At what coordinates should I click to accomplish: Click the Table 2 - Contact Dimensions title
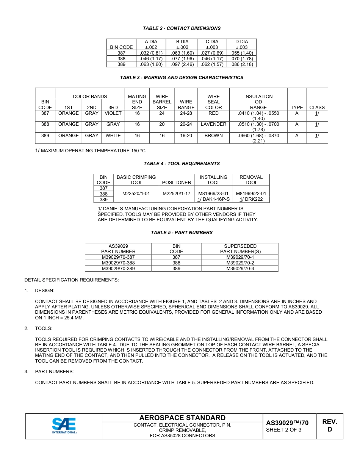[x=182, y=28]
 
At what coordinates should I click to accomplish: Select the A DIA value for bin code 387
[x=151, y=53]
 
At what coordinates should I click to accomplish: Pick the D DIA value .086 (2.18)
[x=241, y=64]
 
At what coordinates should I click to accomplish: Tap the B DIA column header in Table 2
[x=182, y=44]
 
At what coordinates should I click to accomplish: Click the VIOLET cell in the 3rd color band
[x=113, y=113]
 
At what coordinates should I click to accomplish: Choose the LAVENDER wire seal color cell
[x=213, y=124]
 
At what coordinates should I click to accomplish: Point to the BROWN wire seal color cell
[x=213, y=136]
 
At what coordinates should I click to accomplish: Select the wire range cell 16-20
[x=186, y=136]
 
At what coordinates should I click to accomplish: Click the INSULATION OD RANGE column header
[x=258, y=102]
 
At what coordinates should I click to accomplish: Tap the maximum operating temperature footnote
[x=90, y=151]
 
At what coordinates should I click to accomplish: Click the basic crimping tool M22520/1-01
[x=136, y=194]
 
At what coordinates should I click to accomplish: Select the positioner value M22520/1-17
[x=176, y=194]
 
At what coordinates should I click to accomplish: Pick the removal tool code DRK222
[x=254, y=199]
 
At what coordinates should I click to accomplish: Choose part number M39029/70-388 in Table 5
[x=118, y=263]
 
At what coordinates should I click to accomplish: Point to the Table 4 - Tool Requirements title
[x=182, y=164]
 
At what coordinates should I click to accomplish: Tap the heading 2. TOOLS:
[x=43, y=328]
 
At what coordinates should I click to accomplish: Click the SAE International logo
[x=64, y=426]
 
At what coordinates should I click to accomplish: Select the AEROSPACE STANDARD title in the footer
[x=182, y=418]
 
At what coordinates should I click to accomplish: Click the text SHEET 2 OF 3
[x=284, y=430]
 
